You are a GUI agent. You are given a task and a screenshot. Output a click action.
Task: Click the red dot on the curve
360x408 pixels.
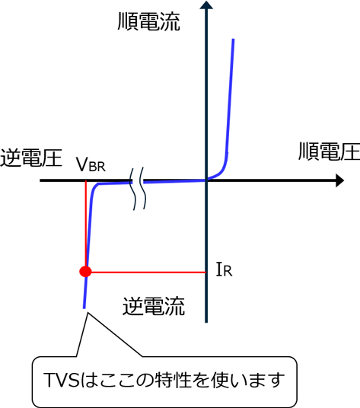(85, 272)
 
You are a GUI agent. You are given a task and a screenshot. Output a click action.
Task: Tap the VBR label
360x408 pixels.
(91, 164)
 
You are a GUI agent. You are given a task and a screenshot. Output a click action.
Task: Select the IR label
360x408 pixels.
(225, 269)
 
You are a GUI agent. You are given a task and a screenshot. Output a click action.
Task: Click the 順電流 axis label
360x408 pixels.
(149, 22)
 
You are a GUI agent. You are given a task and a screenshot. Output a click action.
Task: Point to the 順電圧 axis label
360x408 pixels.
(329, 151)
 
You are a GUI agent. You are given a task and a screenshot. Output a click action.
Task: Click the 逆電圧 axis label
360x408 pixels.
(31, 158)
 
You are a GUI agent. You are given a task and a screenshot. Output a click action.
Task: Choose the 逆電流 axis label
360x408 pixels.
(154, 306)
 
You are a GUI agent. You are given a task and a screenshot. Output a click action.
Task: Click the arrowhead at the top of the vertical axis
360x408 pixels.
(206, 5)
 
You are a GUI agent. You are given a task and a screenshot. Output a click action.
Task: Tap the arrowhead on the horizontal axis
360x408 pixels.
(340, 180)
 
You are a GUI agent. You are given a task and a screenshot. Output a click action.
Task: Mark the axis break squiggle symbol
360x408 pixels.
(138, 188)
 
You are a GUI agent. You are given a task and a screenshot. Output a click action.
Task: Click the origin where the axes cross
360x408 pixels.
(206, 180)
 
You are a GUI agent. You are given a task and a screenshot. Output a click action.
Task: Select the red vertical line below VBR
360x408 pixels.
(85, 223)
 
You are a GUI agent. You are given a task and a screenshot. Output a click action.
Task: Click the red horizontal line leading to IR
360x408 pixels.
(148, 273)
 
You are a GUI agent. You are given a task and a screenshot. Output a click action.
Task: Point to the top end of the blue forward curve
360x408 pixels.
(234, 40)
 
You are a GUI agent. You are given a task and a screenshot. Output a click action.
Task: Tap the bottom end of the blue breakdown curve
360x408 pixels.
(84, 308)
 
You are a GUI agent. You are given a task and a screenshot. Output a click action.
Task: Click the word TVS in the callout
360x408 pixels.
(62, 380)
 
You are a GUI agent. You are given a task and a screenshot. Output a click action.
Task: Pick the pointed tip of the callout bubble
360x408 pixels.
(88, 313)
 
